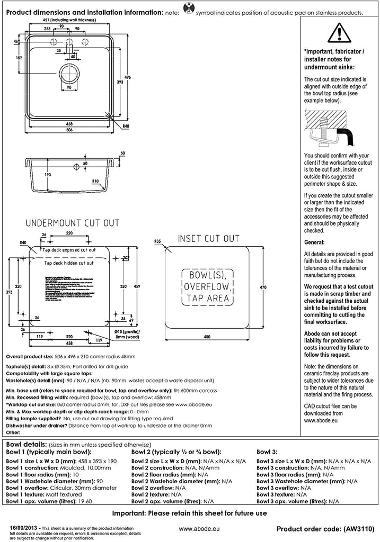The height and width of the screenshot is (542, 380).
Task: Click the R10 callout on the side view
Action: [95, 182]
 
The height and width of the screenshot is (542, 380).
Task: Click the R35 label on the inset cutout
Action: [157, 241]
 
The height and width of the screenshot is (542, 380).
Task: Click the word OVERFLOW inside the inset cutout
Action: [208, 287]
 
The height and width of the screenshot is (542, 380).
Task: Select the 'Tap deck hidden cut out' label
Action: [69, 263]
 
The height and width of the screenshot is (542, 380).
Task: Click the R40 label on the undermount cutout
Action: [23, 243]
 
